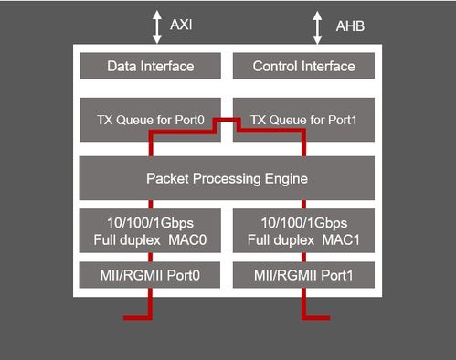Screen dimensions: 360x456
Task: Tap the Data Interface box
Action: [x=150, y=67]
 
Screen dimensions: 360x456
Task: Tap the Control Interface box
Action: [x=304, y=67]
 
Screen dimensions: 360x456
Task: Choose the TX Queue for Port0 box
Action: [x=150, y=119]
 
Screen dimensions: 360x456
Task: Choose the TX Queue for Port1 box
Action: [x=304, y=119]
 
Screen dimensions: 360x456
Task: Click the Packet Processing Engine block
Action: [x=227, y=177]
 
